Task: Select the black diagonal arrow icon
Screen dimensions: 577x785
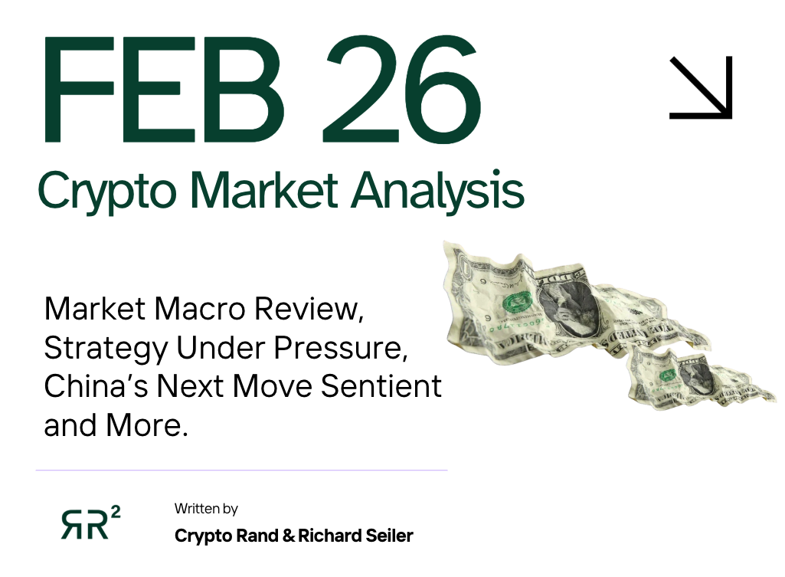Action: [701, 87]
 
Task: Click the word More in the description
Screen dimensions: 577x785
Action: [149, 424]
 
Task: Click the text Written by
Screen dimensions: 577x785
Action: [206, 508]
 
